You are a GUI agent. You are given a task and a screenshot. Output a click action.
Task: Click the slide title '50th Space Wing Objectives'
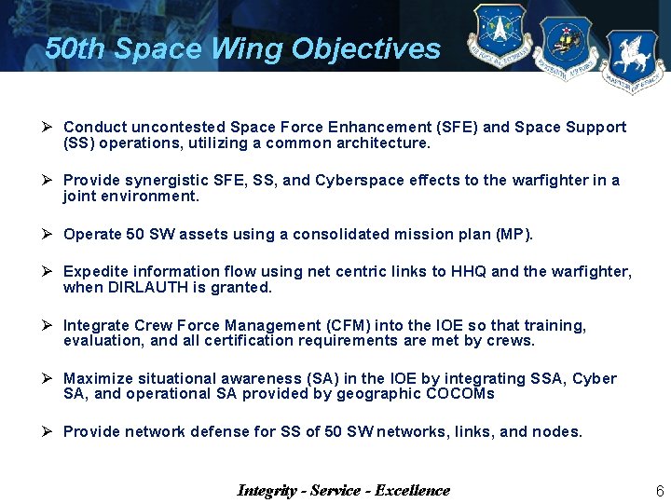point(242,48)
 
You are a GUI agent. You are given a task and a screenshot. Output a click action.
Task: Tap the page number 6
point(659,491)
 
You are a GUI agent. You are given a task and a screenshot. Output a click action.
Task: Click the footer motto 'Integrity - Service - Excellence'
point(343,491)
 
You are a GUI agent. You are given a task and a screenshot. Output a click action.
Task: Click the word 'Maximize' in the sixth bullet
point(98,378)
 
